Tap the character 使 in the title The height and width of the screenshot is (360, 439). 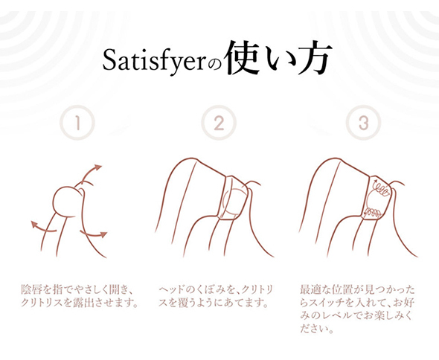(243, 58)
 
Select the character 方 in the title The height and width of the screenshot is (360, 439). (313, 58)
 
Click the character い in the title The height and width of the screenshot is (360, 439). (278, 60)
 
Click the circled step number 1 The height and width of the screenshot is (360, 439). (77, 123)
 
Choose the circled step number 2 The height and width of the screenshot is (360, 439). (219, 123)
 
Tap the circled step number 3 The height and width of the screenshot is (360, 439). (363, 123)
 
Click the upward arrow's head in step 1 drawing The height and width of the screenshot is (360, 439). (97, 167)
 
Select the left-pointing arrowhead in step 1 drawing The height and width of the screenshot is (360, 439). (34, 224)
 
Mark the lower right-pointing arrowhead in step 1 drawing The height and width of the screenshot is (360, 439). (103, 234)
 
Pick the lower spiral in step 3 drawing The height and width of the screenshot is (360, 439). (372, 213)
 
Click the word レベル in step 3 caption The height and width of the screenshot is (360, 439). (337, 316)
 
